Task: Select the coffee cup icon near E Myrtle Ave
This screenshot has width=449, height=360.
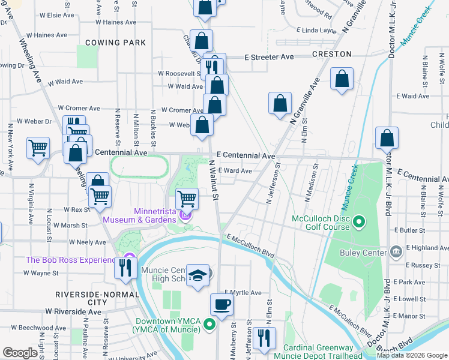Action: coord(221,304)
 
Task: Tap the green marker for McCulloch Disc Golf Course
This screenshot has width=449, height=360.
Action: coord(359,223)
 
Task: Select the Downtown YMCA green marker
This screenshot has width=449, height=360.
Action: coord(209,325)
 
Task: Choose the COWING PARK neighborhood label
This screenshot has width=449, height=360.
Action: coord(116,43)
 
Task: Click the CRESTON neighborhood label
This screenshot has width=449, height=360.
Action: coord(332,54)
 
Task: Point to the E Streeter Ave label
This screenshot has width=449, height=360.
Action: coord(269,57)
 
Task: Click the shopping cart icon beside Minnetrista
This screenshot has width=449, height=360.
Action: coord(187,197)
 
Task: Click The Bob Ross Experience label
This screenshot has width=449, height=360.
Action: coord(70,260)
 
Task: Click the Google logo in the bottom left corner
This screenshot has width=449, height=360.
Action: coord(20,353)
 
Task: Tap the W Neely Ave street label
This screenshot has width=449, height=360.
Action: coord(88,242)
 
